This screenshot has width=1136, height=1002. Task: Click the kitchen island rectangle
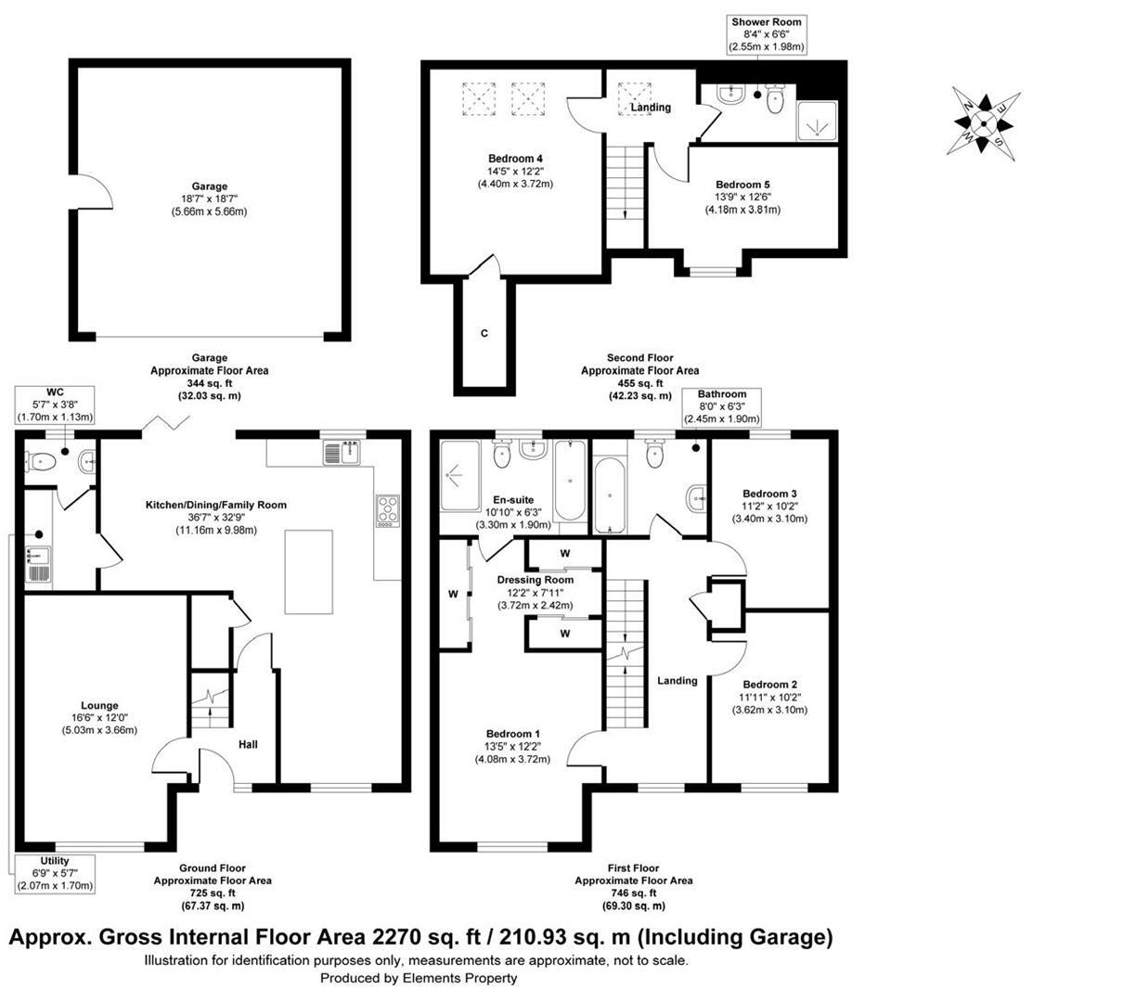pyautogui.click(x=308, y=571)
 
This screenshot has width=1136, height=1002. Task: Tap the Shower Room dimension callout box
pyautogui.click(x=767, y=33)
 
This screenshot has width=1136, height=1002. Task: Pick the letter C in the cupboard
pyautogui.click(x=484, y=333)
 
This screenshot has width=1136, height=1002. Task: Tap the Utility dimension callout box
pyautogui.click(x=55, y=873)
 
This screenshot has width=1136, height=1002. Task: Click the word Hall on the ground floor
pyautogui.click(x=248, y=744)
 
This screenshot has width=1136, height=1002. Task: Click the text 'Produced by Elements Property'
pyautogui.click(x=419, y=978)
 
